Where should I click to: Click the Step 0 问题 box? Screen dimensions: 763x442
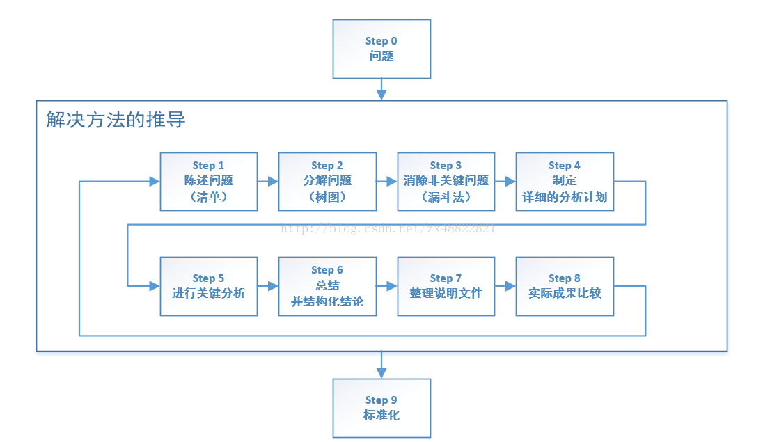tap(381, 49)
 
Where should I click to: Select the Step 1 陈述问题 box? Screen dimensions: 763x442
tap(209, 182)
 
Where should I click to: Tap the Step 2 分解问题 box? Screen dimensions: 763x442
tap(327, 182)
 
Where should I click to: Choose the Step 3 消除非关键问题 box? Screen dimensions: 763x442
tap(446, 182)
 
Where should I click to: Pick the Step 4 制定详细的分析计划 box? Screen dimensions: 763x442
tap(565, 182)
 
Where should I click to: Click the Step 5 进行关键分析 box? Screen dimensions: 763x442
tap(209, 286)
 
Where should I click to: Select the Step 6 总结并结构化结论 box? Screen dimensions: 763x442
tap(327, 286)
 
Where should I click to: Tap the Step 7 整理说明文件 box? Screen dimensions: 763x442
tap(446, 286)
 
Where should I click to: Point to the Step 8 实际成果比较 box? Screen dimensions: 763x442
tap(565, 286)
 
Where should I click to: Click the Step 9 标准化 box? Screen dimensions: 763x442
tap(381, 408)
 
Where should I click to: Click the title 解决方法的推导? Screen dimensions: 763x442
tap(116, 120)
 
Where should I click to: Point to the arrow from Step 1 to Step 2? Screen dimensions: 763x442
tap(268, 182)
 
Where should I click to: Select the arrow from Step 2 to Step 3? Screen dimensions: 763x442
tap(387, 182)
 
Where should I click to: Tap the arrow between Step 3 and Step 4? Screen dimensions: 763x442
tap(505, 182)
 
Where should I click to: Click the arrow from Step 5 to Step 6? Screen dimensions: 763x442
tap(268, 286)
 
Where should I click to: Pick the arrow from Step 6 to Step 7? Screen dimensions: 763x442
tap(387, 286)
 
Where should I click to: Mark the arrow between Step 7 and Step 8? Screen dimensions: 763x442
tap(505, 286)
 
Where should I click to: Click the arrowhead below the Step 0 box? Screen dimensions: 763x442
tap(381, 95)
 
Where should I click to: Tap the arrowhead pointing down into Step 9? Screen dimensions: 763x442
tap(381, 373)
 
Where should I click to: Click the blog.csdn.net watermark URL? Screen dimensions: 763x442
tap(388, 228)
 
